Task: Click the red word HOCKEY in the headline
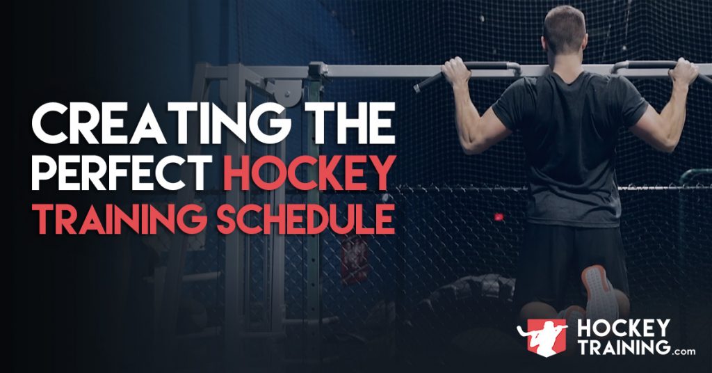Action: click(x=309, y=174)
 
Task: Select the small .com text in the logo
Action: click(x=683, y=351)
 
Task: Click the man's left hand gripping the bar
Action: click(x=455, y=70)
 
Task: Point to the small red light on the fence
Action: click(x=498, y=217)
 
